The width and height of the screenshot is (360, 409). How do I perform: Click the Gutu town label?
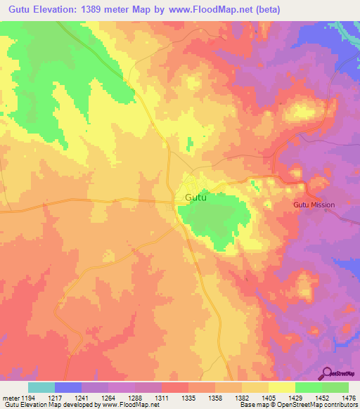pyautogui.click(x=195, y=198)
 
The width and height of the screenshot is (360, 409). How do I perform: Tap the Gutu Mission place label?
pyautogui.click(x=314, y=204)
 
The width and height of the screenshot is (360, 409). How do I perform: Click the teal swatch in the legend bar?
pyautogui.click(x=41, y=387)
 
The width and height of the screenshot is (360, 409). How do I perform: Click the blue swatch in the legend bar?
pyautogui.click(x=67, y=387)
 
